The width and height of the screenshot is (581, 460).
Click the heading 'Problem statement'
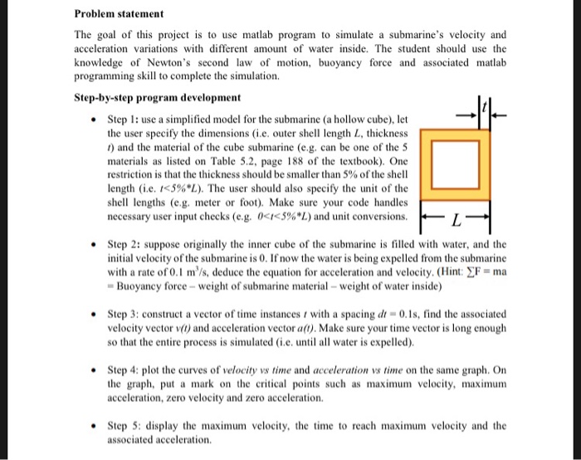[119, 14]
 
